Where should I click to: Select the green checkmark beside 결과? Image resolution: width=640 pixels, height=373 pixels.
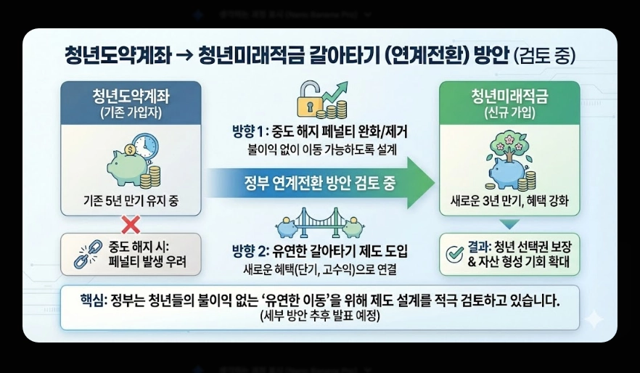coord(455,253)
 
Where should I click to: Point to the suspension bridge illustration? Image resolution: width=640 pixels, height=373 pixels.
coord(319,221)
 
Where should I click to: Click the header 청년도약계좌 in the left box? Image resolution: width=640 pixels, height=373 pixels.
coord(131,97)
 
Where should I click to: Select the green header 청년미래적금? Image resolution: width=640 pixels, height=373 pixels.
coord(509,97)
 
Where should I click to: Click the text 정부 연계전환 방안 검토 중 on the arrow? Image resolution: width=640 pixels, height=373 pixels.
coord(319,183)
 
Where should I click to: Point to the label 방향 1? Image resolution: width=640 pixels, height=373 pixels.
coord(247,132)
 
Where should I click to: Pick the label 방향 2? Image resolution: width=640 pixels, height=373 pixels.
coord(247,252)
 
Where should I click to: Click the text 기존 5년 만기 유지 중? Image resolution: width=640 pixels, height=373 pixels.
coord(131,201)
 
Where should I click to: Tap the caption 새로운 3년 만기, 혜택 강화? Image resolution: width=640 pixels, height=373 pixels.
coord(509,201)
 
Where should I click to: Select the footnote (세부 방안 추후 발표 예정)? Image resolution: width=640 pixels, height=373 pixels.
coord(320,318)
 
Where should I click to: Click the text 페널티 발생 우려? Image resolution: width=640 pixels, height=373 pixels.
coord(149,261)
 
